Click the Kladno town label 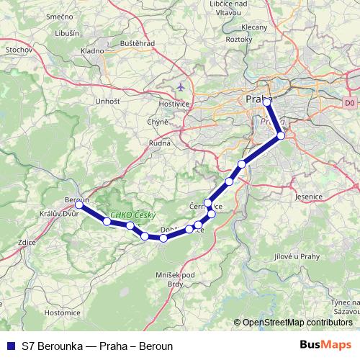coord(92,51)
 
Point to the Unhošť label coord(108,102)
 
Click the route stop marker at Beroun coord(79,204)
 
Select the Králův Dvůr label coord(60,215)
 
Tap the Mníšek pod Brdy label coord(175,279)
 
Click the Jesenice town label coord(312,195)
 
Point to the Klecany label coord(255,27)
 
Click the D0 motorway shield coord(350,104)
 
